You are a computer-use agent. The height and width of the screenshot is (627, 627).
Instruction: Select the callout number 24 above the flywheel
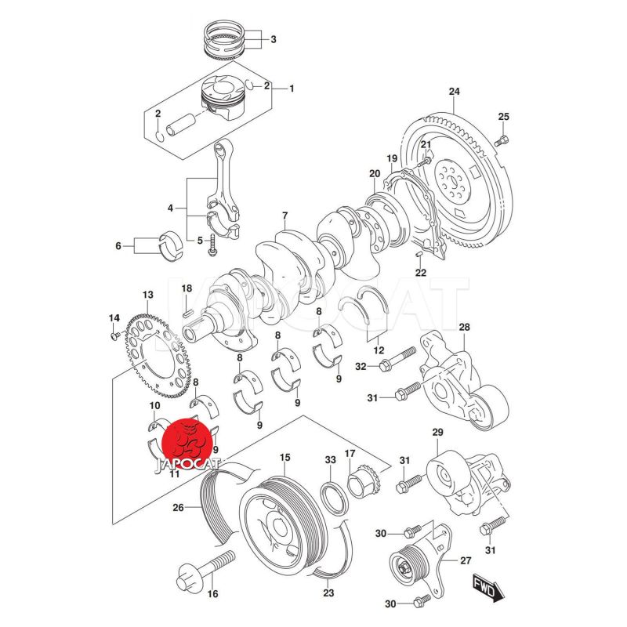point(453,92)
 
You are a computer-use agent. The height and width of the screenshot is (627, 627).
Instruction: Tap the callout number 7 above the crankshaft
point(285,216)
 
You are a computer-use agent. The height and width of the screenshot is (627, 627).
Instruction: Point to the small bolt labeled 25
point(503,140)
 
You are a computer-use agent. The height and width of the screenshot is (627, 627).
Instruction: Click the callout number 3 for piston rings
point(273,38)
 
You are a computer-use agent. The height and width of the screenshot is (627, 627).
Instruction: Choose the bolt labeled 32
point(397,361)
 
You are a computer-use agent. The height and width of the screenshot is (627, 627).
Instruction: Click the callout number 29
point(438,433)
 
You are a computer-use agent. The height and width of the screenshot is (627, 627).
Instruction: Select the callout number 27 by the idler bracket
point(466,560)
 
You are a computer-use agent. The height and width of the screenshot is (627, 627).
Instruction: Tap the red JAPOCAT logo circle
point(187,444)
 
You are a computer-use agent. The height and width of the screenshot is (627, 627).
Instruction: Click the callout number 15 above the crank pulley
point(285,457)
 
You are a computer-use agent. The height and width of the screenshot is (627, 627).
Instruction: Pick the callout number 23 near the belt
point(328,593)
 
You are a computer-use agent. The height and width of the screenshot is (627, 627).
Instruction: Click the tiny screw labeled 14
point(115,335)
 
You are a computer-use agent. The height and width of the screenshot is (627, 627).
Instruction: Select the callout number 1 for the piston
point(291,89)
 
